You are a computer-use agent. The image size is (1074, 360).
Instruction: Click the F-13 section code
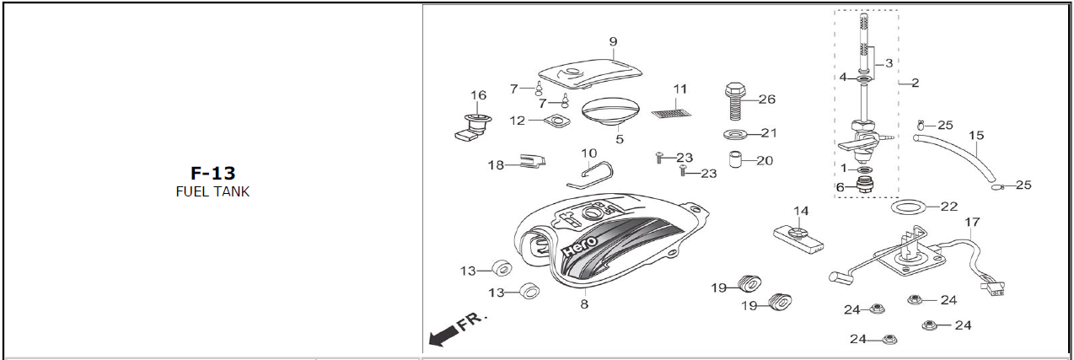coord(212,174)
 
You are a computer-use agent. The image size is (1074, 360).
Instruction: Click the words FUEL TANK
coord(212,191)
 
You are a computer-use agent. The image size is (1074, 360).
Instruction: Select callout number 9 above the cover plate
coord(613,41)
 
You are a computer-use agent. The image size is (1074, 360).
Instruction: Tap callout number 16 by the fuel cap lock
coord(478,94)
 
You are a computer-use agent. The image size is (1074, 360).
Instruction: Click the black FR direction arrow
coord(442,336)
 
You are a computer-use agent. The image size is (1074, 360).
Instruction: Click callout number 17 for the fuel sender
coord(972,223)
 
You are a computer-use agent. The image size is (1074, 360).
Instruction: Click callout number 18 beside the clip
coord(496,165)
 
